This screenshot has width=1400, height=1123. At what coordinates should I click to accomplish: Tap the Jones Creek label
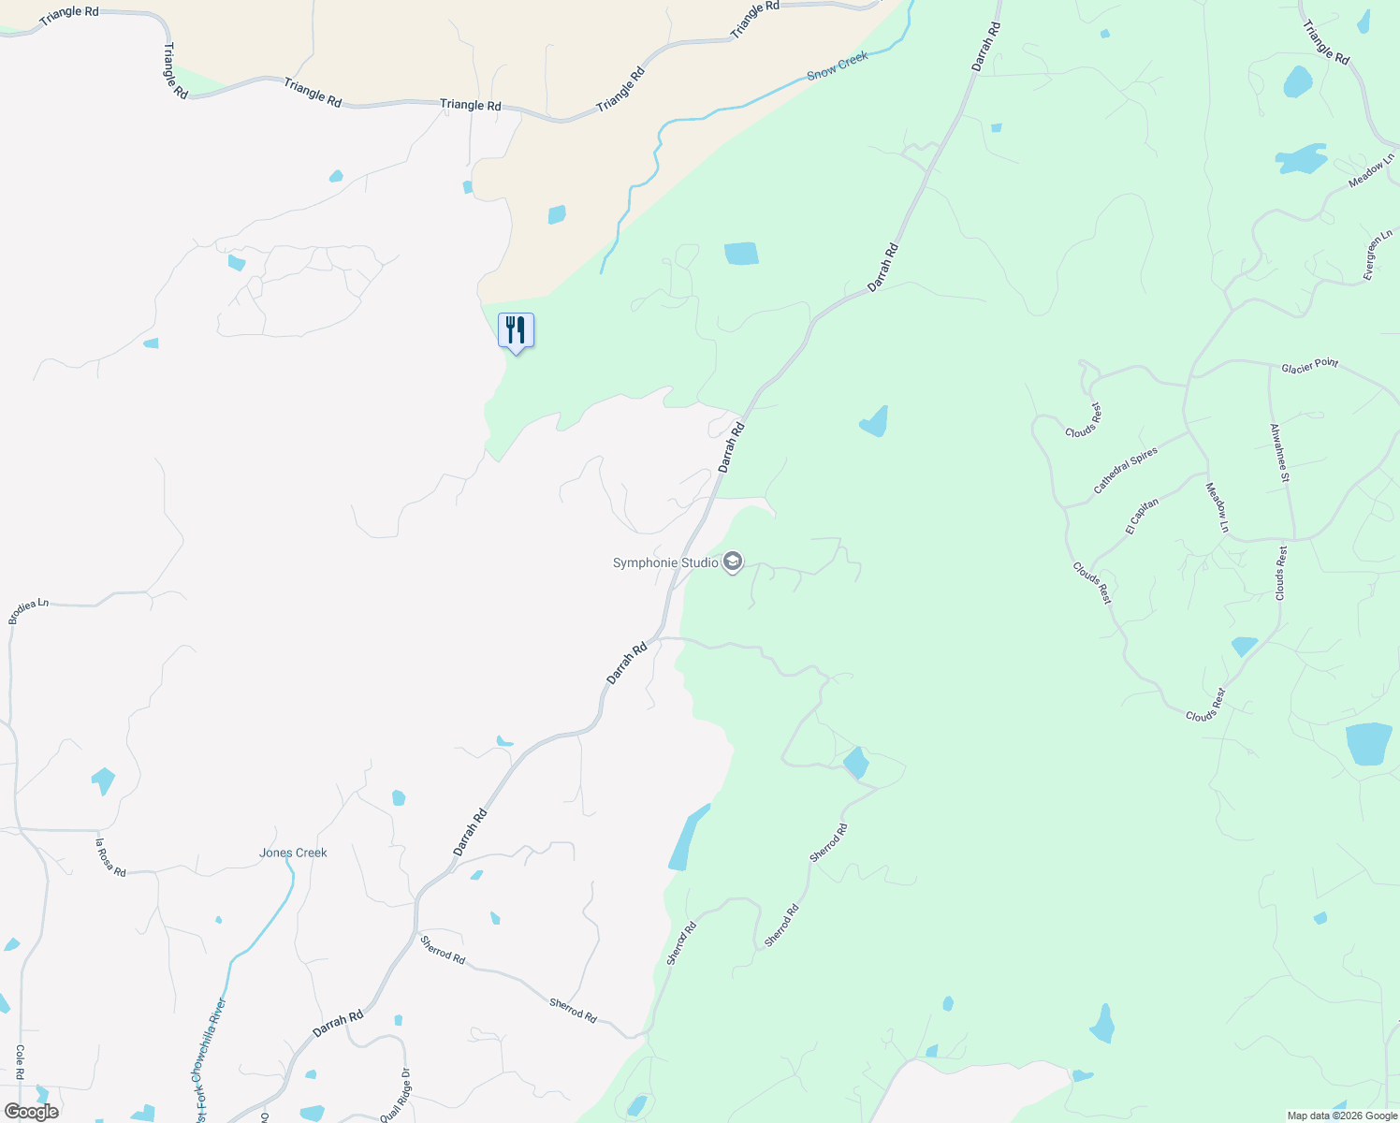coord(293,853)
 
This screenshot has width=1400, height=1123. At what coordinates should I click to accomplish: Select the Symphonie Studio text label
coord(665,562)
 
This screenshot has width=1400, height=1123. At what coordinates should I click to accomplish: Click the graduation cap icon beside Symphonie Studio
coord(733,562)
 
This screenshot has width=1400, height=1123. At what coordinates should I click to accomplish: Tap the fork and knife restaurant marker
coord(516,331)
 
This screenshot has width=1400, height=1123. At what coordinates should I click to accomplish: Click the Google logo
coord(31,1112)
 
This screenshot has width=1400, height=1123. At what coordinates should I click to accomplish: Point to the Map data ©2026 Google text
coord(1341,1116)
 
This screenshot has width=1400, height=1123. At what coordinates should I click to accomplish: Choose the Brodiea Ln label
coord(28,611)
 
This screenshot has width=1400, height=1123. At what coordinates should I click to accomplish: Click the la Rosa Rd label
coord(110,857)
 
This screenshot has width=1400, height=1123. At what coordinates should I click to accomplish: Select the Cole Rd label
coord(19,1062)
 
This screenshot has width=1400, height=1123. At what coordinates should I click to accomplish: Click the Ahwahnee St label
coord(1279,453)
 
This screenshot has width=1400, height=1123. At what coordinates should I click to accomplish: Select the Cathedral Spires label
coord(1126,470)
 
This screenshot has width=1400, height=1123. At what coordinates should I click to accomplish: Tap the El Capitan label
coord(1143,516)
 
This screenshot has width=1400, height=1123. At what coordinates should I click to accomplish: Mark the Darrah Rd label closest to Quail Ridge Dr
coord(338,1023)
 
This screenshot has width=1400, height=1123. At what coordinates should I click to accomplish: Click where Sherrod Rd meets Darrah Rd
coord(416,932)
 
